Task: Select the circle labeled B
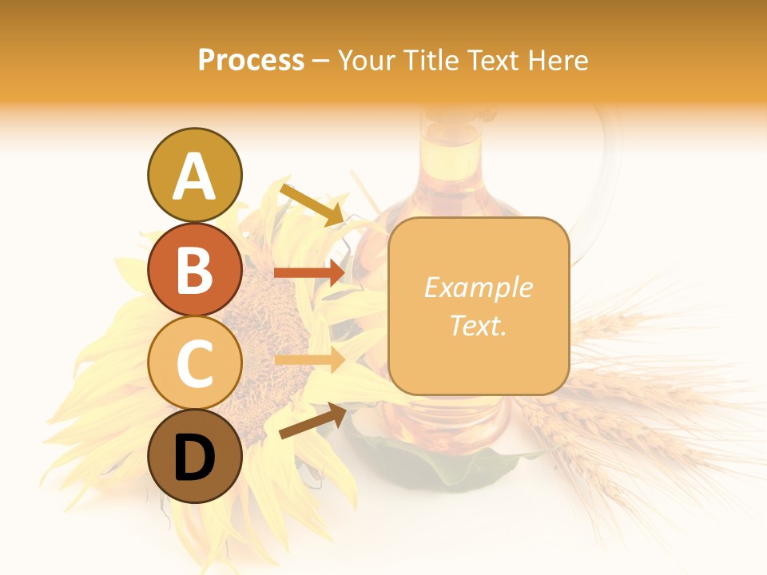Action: [x=194, y=269]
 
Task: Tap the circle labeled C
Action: [x=194, y=363]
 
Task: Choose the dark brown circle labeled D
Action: [x=194, y=457]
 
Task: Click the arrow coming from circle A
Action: [x=312, y=205]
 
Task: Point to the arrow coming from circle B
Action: [x=310, y=272]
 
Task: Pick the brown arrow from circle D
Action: [x=312, y=421]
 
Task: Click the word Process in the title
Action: [x=251, y=60]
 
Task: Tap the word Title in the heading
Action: [x=430, y=60]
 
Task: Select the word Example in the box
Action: [x=478, y=287]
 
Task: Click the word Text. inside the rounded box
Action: [x=478, y=325]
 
